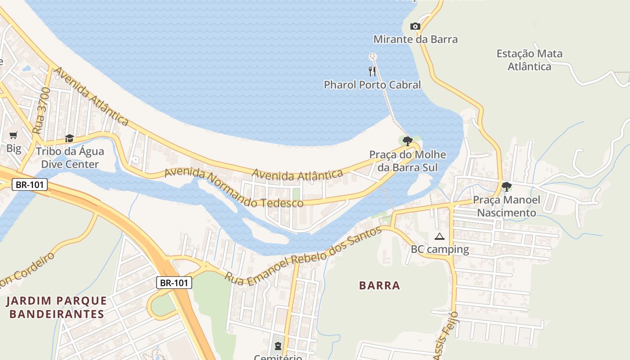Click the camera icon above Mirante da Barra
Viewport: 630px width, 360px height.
coord(415,27)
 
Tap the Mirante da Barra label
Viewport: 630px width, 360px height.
coord(415,39)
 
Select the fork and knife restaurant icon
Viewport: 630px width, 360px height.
coord(372,71)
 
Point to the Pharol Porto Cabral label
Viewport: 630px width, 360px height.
coord(372,85)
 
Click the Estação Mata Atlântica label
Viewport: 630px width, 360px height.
coord(529,60)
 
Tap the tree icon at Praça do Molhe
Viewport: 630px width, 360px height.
coord(408,141)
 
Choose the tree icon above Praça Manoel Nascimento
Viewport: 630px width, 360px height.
coord(507,186)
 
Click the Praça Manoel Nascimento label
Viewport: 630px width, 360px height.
coord(506,206)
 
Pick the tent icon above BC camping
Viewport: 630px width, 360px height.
coord(440,236)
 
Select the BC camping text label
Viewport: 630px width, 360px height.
coord(440,249)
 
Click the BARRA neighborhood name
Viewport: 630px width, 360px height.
coord(379,285)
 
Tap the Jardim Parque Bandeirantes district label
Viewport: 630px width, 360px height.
coord(57,307)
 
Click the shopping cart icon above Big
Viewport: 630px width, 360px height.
coord(13,135)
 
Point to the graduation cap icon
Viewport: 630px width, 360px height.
coord(69,138)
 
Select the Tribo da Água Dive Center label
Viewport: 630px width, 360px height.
coord(70,157)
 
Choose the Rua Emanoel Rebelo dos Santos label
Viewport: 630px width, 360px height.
coord(303,255)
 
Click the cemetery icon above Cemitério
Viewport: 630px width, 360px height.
coord(278,346)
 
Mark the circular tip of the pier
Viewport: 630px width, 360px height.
coord(372,56)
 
